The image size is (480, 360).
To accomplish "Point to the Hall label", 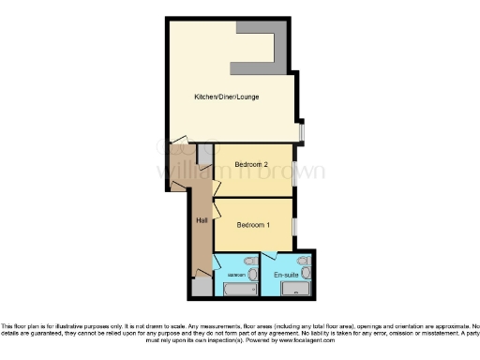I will pos(202,220).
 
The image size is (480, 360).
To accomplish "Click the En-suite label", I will pos(286,275).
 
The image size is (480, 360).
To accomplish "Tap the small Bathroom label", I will pos(235,275).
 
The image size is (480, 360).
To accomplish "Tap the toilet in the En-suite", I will pos(303,262).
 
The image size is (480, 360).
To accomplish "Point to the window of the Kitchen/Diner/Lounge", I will pos(301,132).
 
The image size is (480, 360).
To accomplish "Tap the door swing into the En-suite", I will pos(271,258).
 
